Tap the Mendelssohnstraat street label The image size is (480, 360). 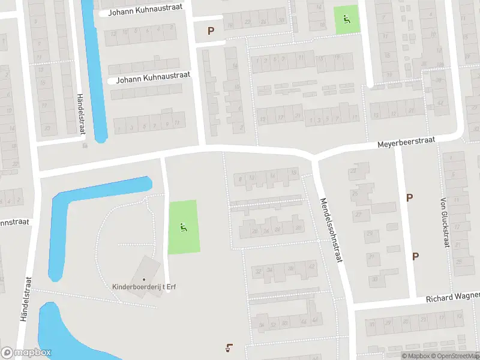[332, 230]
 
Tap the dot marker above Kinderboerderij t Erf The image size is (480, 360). [143, 279]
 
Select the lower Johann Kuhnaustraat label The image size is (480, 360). [152, 77]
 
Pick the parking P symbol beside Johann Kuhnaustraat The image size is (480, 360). [211, 31]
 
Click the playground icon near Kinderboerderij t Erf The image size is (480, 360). [182, 227]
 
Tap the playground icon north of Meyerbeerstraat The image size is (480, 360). [346, 19]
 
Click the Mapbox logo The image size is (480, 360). [26, 353]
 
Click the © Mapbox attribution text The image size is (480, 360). [415, 356]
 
